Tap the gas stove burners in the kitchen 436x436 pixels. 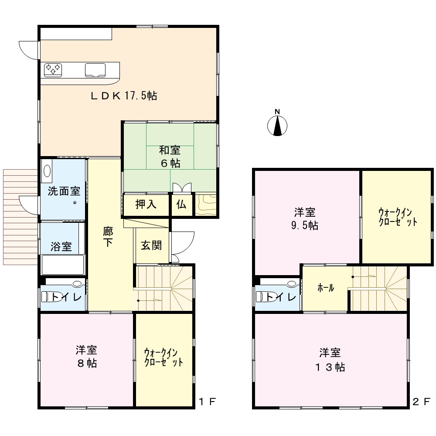click(53, 70)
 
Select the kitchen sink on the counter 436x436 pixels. click(95, 70)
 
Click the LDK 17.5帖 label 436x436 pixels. click(124, 96)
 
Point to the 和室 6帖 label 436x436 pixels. click(170, 157)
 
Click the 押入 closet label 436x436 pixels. click(146, 204)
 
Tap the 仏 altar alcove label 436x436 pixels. click(181, 204)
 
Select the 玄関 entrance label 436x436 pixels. click(151, 245)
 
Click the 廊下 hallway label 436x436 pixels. click(108, 237)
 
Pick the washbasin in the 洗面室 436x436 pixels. click(47, 171)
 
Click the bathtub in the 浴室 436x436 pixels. click(63, 265)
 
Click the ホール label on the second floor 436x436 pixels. click(326, 288)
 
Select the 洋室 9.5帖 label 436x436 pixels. click(305, 218)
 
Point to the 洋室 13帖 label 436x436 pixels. click(330, 360)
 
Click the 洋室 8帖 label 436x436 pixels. click(86, 357)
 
